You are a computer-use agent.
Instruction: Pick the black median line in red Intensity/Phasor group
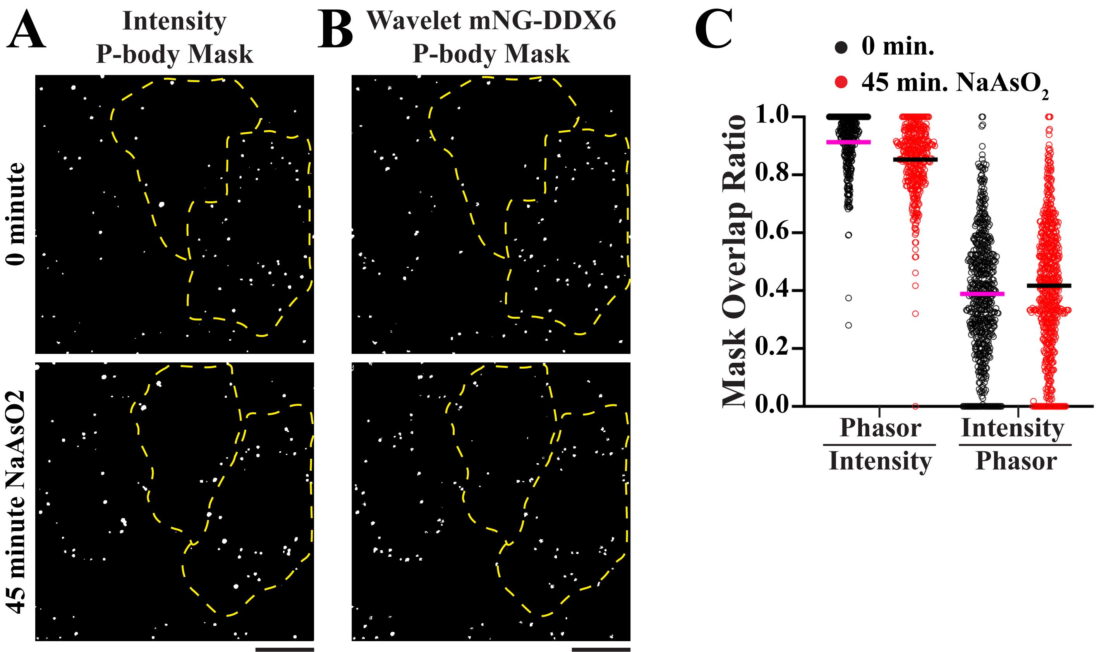click(1046, 286)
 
